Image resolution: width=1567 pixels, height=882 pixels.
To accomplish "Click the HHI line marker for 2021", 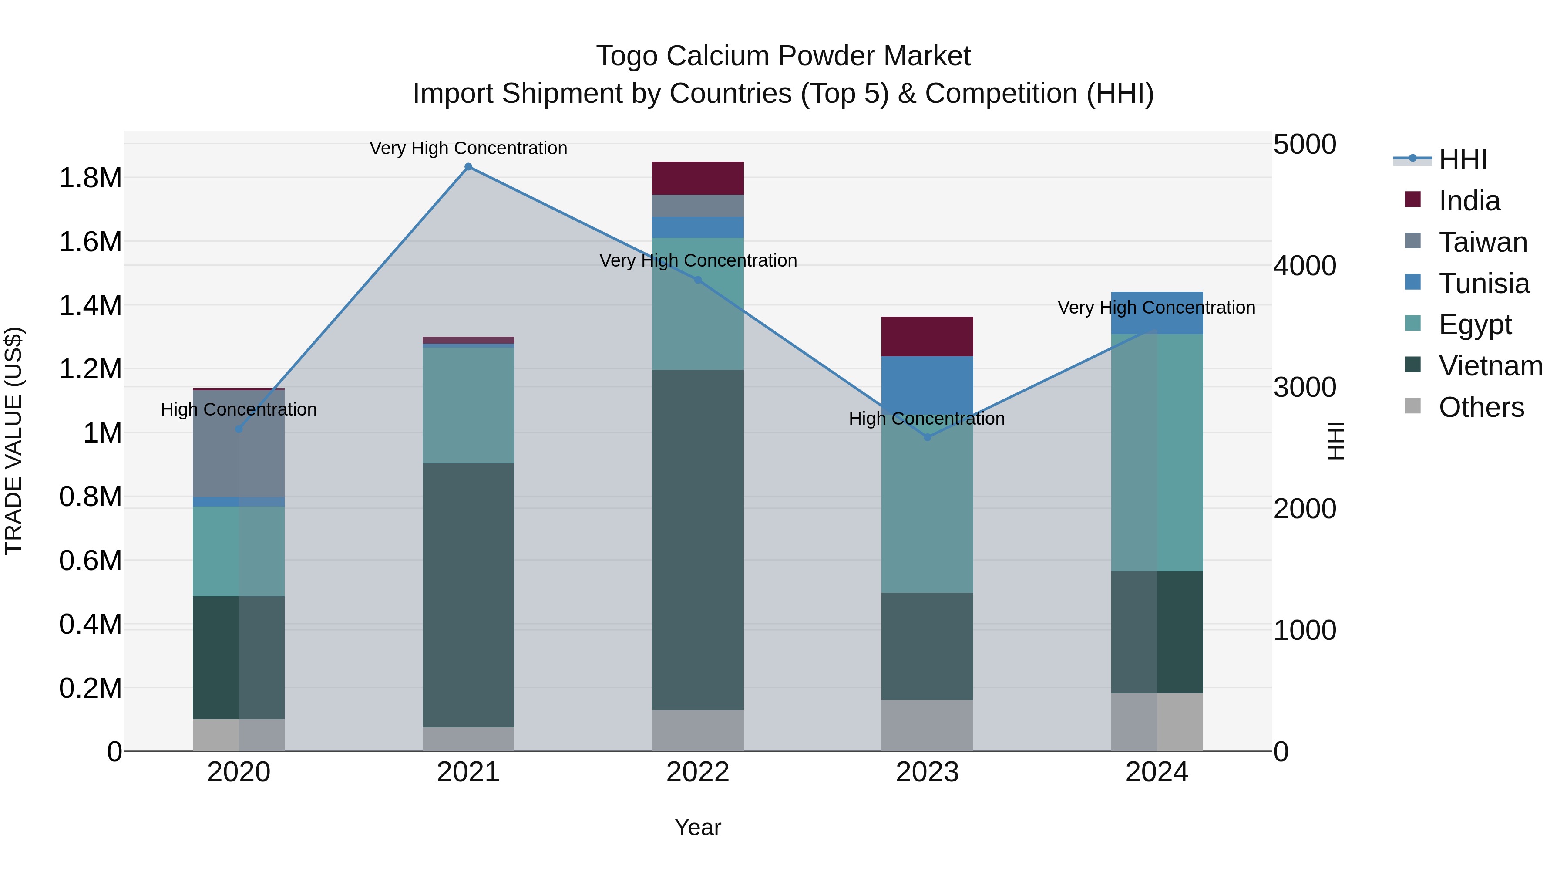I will pos(468,167).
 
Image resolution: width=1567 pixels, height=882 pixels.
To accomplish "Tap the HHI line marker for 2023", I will pos(927,437).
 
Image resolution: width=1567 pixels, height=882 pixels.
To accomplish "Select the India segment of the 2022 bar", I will pos(698,178).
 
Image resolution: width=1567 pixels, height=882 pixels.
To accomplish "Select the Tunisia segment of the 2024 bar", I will pos(1157,313).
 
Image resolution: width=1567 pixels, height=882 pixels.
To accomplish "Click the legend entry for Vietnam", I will pos(1490,366).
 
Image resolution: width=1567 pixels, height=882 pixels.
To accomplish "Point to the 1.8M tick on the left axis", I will pos(90,178).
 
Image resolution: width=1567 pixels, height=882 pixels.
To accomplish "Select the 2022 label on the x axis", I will pos(698,772).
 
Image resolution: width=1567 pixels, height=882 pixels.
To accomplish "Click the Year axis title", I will pos(698,827).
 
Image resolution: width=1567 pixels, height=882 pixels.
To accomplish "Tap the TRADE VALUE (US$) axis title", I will pos(14,441).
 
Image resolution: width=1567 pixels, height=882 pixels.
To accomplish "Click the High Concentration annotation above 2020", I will pos(239,410).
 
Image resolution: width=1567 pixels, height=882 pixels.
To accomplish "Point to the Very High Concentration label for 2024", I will pos(1157,308).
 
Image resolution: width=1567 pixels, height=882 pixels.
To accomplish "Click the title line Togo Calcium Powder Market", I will pos(783,56).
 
